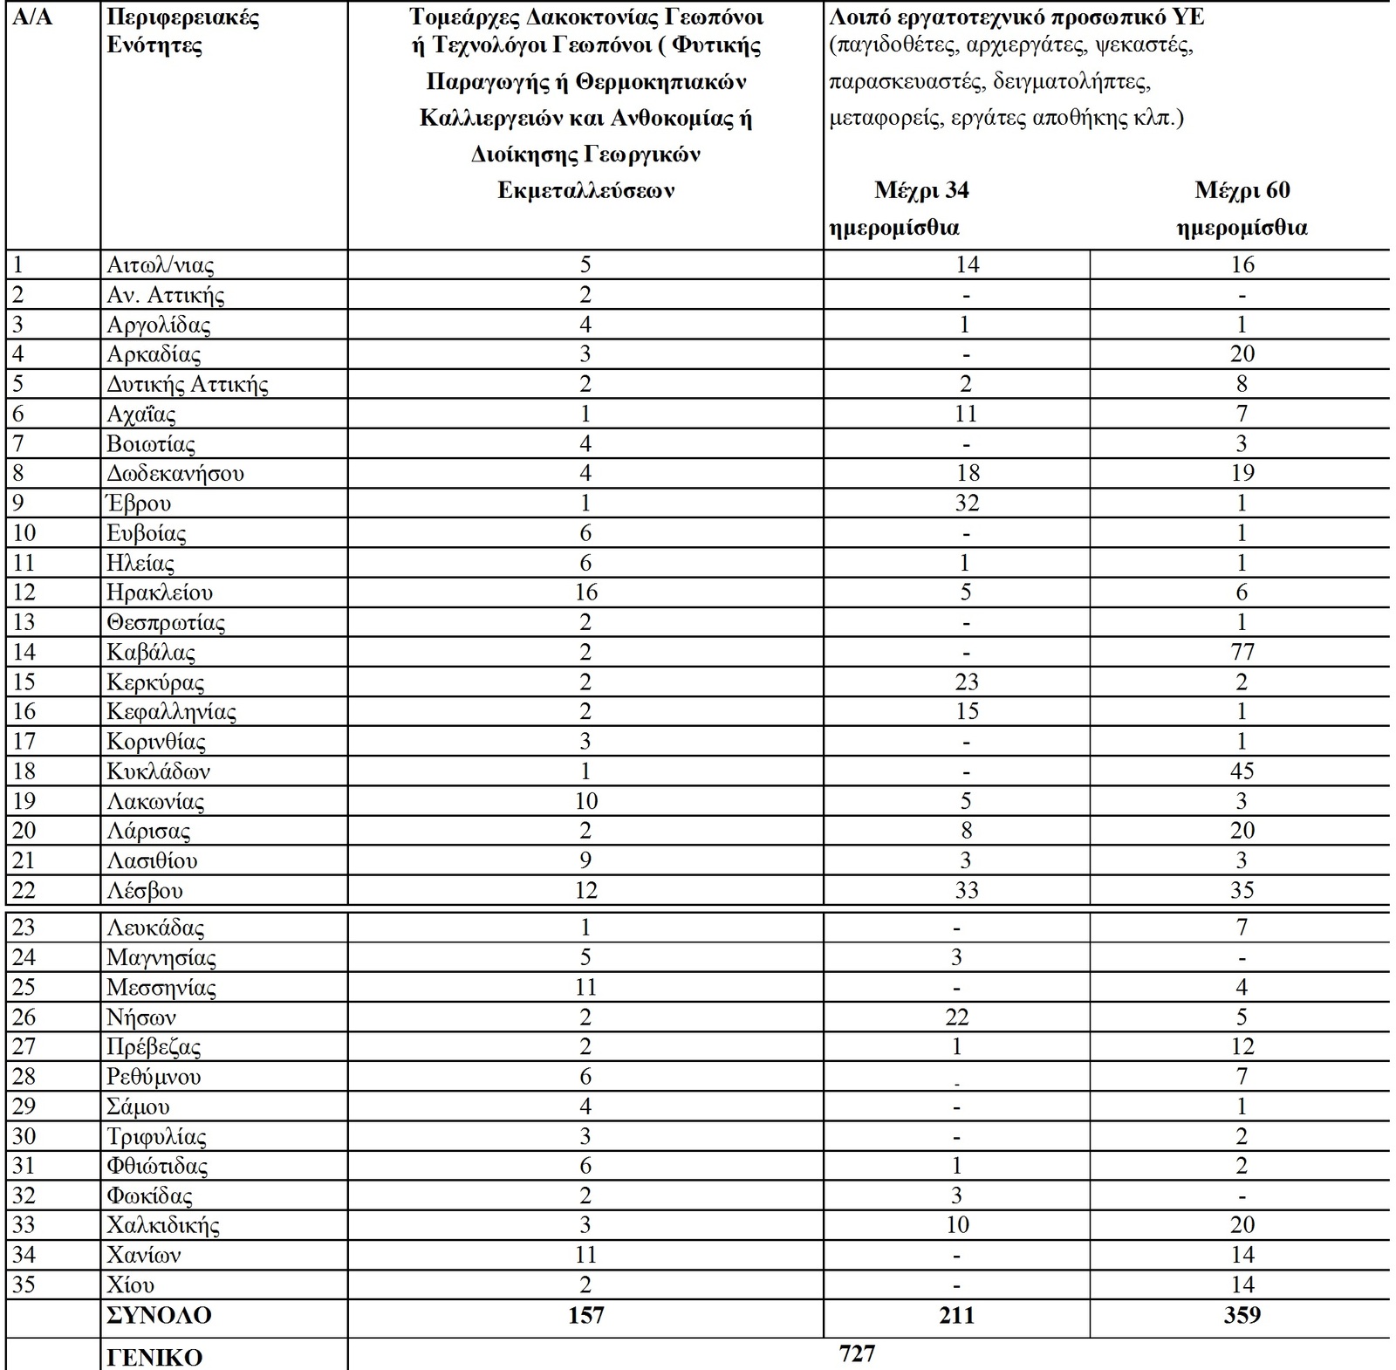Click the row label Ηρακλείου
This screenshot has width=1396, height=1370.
[160, 593]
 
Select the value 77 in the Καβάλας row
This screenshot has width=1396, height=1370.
[1242, 652]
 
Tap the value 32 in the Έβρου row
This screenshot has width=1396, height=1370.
[967, 503]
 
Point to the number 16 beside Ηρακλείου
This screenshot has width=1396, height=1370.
[585, 593]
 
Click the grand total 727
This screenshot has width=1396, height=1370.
[857, 1353]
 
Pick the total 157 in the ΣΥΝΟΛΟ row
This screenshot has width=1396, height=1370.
[585, 1315]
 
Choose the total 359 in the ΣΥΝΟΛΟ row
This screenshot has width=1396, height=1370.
[1242, 1315]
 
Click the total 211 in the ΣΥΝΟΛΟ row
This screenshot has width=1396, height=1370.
[956, 1315]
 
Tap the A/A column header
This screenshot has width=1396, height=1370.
[32, 17]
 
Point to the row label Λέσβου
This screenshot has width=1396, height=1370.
[145, 891]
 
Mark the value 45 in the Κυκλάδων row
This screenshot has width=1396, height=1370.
[1242, 771]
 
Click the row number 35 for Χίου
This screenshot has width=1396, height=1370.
[24, 1285]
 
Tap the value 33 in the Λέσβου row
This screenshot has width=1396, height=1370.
[967, 891]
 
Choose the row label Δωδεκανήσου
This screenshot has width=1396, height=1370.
[175, 474]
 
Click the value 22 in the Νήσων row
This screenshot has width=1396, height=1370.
[956, 1017]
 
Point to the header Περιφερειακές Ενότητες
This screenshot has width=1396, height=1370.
[183, 31]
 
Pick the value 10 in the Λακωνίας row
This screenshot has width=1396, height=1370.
[585, 801]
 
